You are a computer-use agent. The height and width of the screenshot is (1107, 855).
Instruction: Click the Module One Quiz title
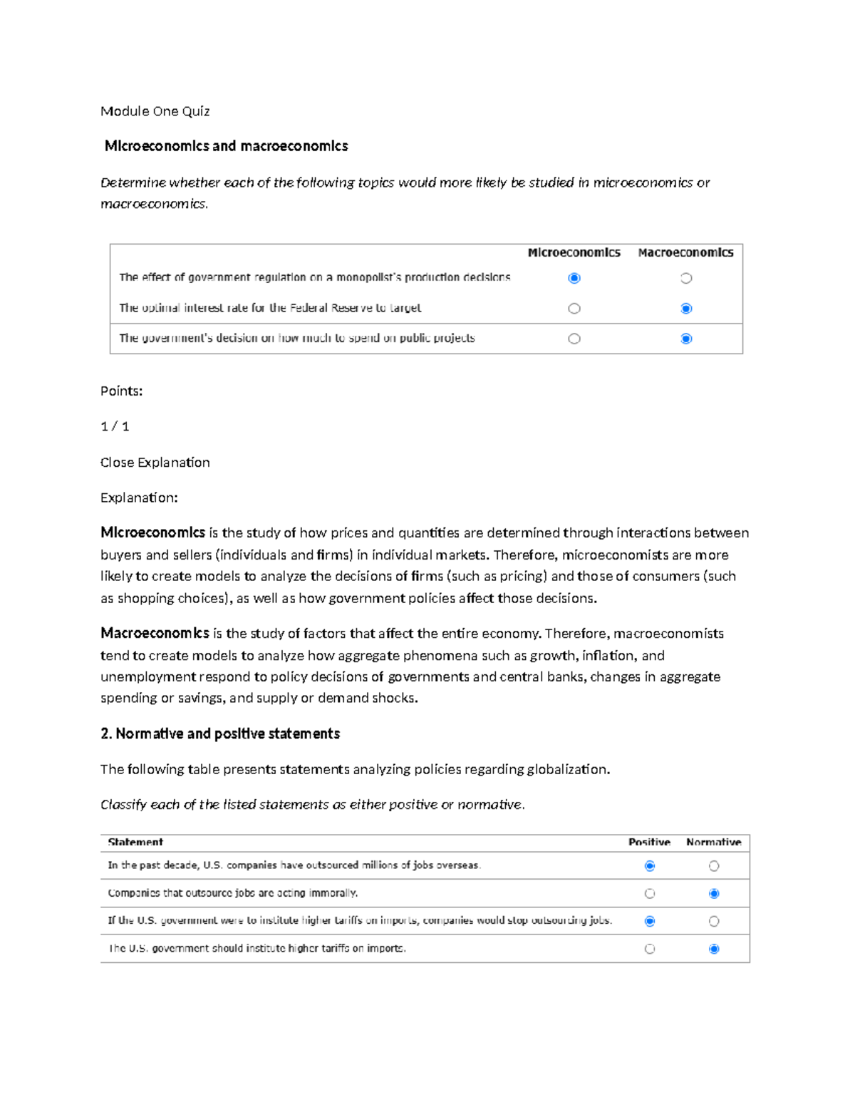point(155,111)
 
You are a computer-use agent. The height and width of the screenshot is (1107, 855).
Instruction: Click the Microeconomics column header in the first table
point(574,252)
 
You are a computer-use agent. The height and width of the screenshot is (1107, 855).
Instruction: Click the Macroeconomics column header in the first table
point(685,252)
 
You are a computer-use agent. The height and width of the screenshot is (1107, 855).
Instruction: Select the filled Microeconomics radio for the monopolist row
point(574,278)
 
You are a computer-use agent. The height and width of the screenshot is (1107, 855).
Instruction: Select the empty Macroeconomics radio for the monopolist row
point(686,278)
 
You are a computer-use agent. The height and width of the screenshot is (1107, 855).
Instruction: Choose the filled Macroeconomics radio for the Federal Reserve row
point(686,309)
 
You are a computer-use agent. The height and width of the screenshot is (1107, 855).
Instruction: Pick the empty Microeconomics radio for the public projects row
point(574,339)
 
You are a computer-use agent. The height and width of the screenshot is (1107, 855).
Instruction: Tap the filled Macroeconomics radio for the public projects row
point(686,339)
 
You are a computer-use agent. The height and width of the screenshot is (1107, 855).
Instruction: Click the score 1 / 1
point(115,426)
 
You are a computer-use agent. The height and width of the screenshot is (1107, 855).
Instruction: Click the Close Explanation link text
point(155,463)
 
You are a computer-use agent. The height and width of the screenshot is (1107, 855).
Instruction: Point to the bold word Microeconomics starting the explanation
point(152,532)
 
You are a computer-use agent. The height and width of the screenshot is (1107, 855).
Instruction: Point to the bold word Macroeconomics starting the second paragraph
point(155,633)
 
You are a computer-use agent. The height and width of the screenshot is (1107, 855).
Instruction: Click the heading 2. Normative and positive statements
point(220,733)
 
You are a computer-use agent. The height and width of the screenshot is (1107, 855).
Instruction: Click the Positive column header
point(649,842)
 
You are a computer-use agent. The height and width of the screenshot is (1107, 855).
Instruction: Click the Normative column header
point(713,842)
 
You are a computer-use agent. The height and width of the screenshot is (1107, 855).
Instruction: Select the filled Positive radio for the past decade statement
point(650,866)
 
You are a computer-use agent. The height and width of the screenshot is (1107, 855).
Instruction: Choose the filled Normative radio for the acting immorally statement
point(714,893)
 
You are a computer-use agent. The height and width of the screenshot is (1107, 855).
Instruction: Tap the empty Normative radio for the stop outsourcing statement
point(714,921)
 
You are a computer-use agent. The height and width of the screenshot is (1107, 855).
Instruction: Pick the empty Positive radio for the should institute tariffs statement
point(650,949)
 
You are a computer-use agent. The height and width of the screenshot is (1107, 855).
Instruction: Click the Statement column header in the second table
point(135,842)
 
